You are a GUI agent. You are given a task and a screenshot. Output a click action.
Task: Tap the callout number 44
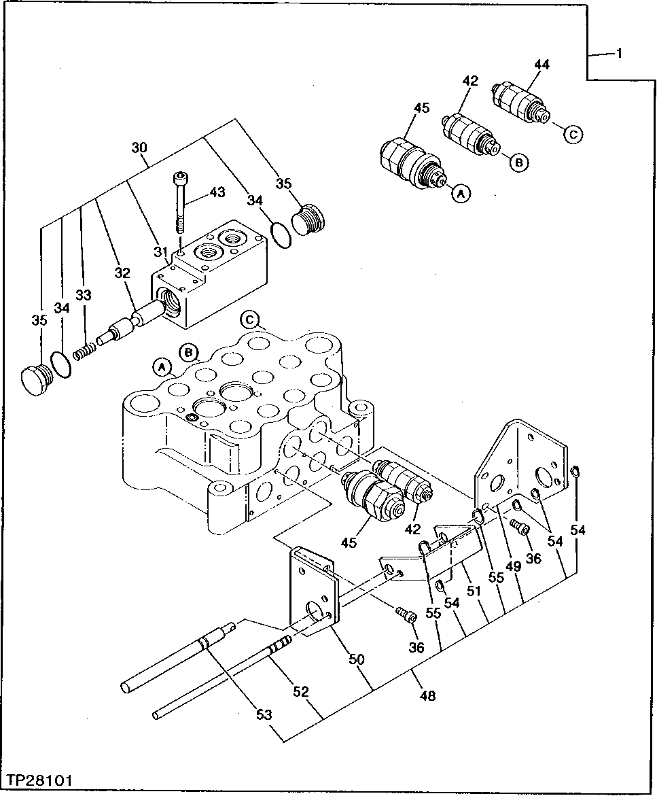541,65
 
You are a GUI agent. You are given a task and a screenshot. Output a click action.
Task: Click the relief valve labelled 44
520,103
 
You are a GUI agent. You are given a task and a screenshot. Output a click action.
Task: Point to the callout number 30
139,147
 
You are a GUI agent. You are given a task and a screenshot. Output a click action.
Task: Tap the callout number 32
122,274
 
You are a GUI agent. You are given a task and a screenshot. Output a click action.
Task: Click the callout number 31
160,252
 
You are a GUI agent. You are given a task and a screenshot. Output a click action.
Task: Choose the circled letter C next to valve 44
572,134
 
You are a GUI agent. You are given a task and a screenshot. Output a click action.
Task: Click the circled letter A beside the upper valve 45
461,194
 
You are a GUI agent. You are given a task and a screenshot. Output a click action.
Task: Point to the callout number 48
427,695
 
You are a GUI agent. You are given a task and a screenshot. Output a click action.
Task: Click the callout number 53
264,714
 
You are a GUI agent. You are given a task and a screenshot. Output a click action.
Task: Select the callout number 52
300,692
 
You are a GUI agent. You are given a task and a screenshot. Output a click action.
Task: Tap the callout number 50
357,659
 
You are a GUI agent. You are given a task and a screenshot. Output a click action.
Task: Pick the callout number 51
474,591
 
